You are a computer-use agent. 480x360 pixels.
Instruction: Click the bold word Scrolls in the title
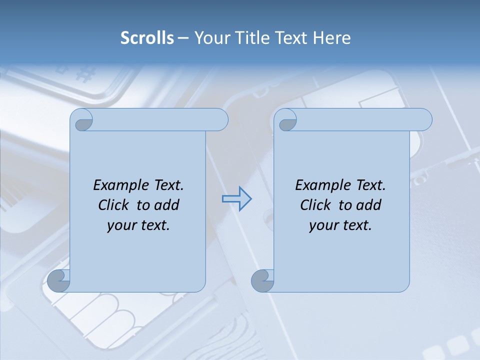coord(147,38)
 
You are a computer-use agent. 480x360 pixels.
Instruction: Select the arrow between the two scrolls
coord(236,199)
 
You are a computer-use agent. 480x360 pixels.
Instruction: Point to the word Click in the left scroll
coord(113,205)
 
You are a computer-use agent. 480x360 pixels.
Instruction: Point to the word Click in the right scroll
coord(315,205)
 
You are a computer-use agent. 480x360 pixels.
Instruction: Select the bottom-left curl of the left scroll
coord(59,280)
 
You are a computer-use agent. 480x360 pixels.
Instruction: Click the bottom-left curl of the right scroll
coord(263,280)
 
